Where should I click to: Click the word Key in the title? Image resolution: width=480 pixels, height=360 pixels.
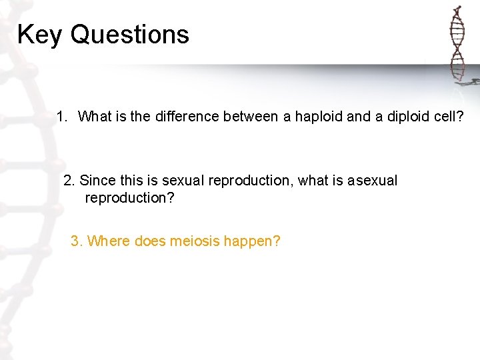[x=40, y=35]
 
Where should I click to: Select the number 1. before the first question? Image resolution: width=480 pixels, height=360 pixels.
[x=62, y=117]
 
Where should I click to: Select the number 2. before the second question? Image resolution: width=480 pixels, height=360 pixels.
[x=69, y=181]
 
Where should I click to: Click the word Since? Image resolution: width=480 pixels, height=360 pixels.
[x=96, y=181]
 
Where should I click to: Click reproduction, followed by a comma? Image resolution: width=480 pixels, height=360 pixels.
[x=249, y=181]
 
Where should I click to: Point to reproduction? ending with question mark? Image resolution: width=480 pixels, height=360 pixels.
[x=129, y=198]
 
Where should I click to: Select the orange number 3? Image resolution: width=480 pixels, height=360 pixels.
[x=77, y=241]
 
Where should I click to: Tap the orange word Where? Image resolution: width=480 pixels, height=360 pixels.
[x=109, y=241]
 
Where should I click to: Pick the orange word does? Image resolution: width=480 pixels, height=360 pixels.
[x=150, y=241]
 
